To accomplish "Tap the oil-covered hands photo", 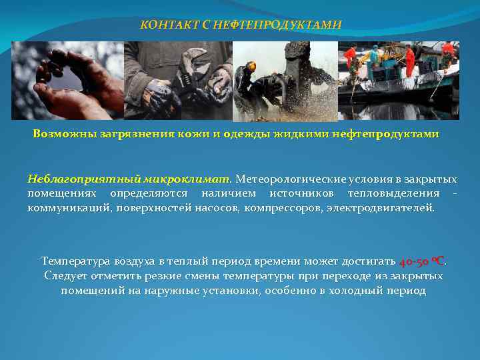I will coord(67,81).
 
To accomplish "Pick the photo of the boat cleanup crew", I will coord(399,81).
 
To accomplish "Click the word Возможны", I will coord(59,134).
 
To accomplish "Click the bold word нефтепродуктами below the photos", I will coord(386,134).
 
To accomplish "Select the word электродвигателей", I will coord(380,207).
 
